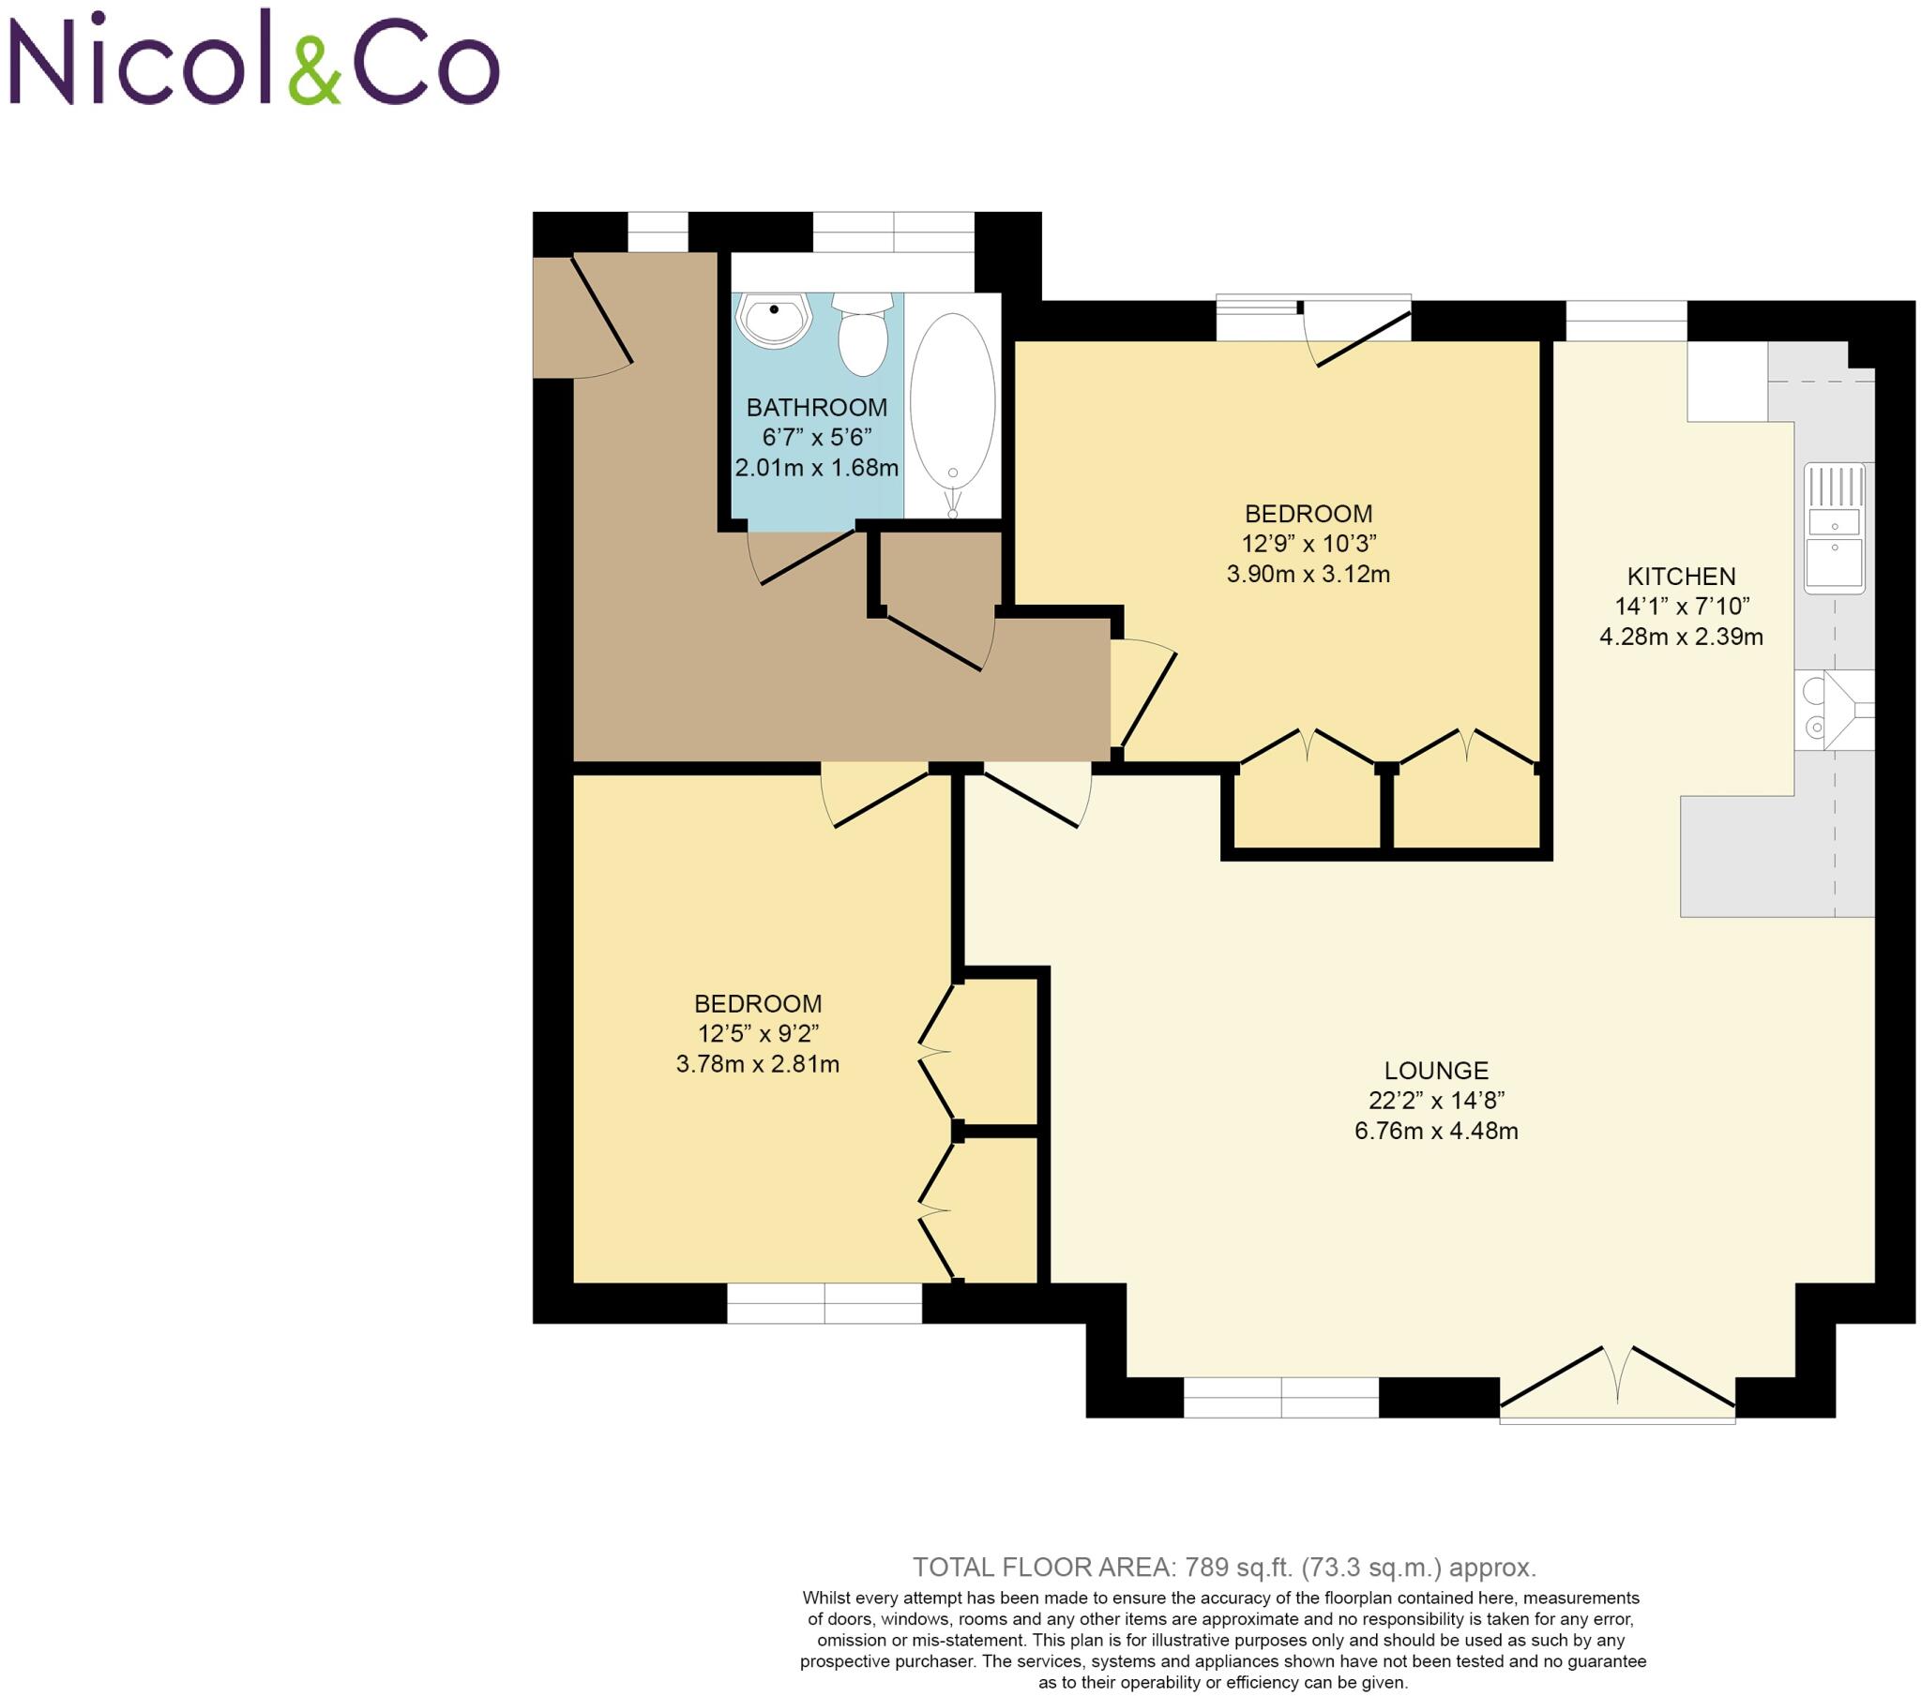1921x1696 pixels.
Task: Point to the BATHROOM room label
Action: coord(816,408)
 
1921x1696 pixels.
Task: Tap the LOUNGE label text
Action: coord(1436,1071)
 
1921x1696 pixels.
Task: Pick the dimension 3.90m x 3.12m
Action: coord(1308,574)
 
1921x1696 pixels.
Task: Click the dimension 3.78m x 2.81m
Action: coord(758,1065)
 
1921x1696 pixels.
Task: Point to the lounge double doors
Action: coord(1616,1382)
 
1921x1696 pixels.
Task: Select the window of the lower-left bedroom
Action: coord(824,1303)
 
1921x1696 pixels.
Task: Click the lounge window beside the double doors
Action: coord(1280,1397)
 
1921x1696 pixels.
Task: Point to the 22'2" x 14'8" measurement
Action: coord(1436,1101)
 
